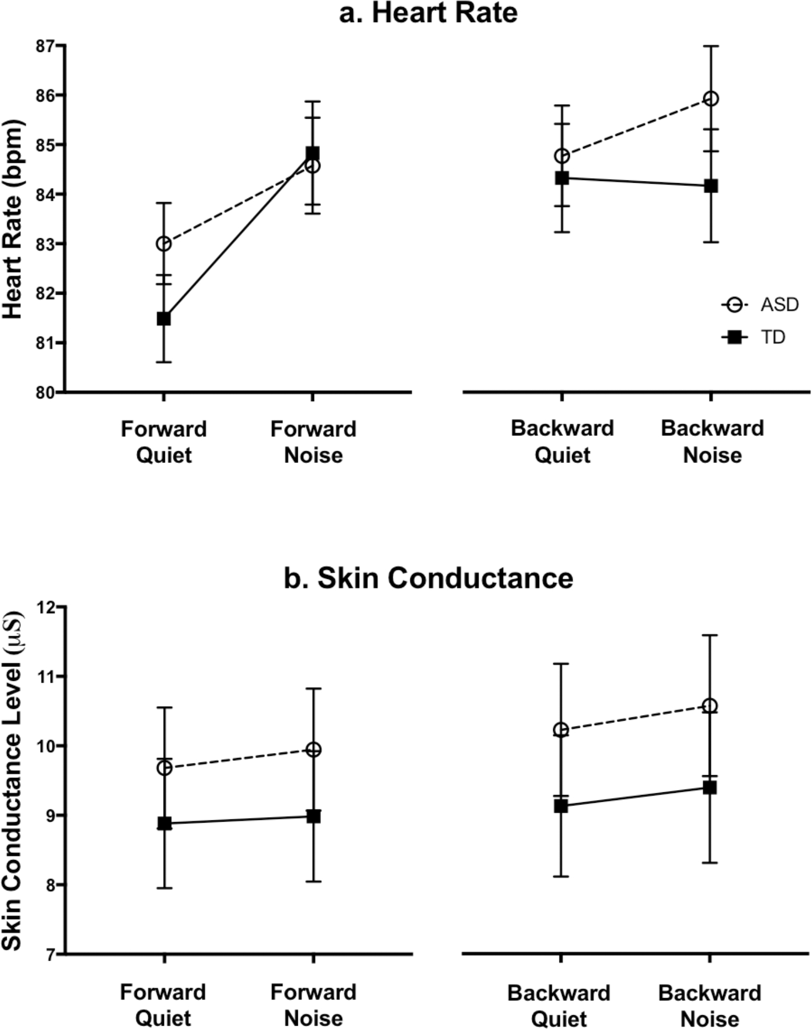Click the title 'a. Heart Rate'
click(x=428, y=13)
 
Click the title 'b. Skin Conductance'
click(x=428, y=578)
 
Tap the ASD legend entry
click(x=761, y=305)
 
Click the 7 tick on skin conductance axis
click(x=50, y=954)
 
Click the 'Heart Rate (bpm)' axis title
click(x=13, y=219)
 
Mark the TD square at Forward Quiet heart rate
click(x=164, y=318)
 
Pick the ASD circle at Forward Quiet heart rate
click(x=164, y=244)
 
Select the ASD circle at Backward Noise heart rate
click(x=711, y=99)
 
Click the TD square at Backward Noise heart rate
click(x=711, y=186)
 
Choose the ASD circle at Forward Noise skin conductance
click(x=313, y=750)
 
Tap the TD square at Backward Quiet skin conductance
click(x=561, y=806)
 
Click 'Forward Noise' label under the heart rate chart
click(x=313, y=442)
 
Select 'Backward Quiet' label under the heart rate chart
click(x=562, y=442)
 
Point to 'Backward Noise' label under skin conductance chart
click(x=710, y=1005)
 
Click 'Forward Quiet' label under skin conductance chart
click(x=163, y=1005)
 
